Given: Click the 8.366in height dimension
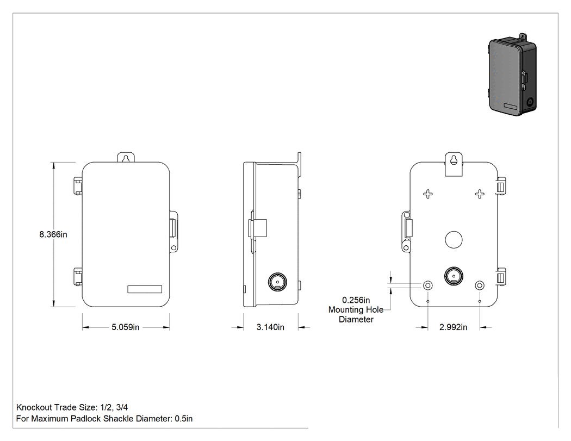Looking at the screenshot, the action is pos(53,234).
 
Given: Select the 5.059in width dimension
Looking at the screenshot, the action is pos(125,327).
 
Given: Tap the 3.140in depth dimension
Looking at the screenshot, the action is pos(270,327).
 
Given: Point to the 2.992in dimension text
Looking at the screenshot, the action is pos(453,327).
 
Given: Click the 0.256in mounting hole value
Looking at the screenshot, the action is pos(356,300).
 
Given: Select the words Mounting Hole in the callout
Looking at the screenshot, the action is pos(356,310).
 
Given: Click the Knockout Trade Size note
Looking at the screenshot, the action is pos(72,407).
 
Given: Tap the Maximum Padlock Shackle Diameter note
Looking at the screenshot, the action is pos(104,419).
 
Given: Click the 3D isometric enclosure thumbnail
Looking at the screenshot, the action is pos(512,74).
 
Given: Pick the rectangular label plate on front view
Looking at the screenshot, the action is pos(145,289).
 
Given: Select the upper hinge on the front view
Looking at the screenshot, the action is pos(78,186).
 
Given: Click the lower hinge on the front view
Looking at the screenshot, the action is pos(78,276).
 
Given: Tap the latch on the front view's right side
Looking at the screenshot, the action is pos(173,231).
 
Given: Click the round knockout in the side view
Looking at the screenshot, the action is pos(277,282).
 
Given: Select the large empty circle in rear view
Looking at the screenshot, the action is pos(454,240).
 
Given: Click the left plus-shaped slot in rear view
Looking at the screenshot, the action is pos(428,194).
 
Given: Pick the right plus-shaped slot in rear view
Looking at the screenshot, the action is pos(480,194).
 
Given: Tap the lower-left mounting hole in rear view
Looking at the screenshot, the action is pos(428,285).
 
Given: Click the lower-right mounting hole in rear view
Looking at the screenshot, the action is pos(480,285).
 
